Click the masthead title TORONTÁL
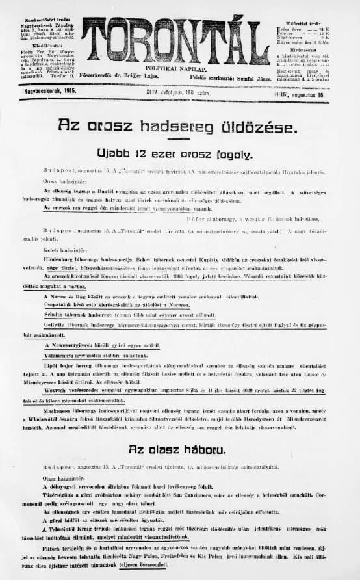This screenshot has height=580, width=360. coord(175,42)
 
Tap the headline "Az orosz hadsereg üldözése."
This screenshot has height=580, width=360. coord(175,125)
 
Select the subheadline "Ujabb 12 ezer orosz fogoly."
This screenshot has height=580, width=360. coord(174,154)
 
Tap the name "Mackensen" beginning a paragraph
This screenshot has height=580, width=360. coord(60,410)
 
